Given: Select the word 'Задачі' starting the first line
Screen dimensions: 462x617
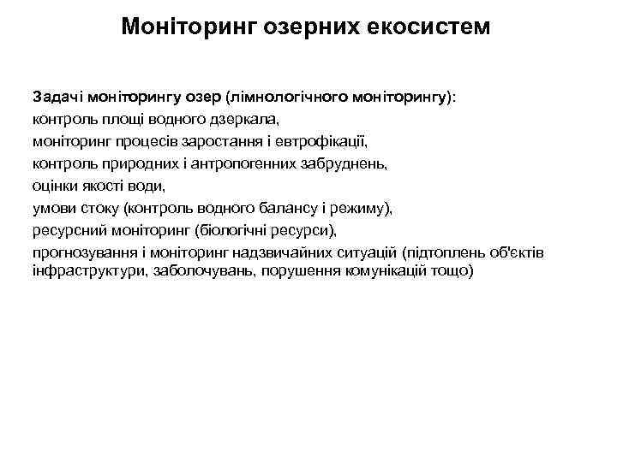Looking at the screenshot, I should tap(57, 97).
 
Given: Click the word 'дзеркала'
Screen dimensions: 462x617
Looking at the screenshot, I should tap(256, 119).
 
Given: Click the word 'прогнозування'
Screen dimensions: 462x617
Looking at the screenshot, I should tap(81, 252).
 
